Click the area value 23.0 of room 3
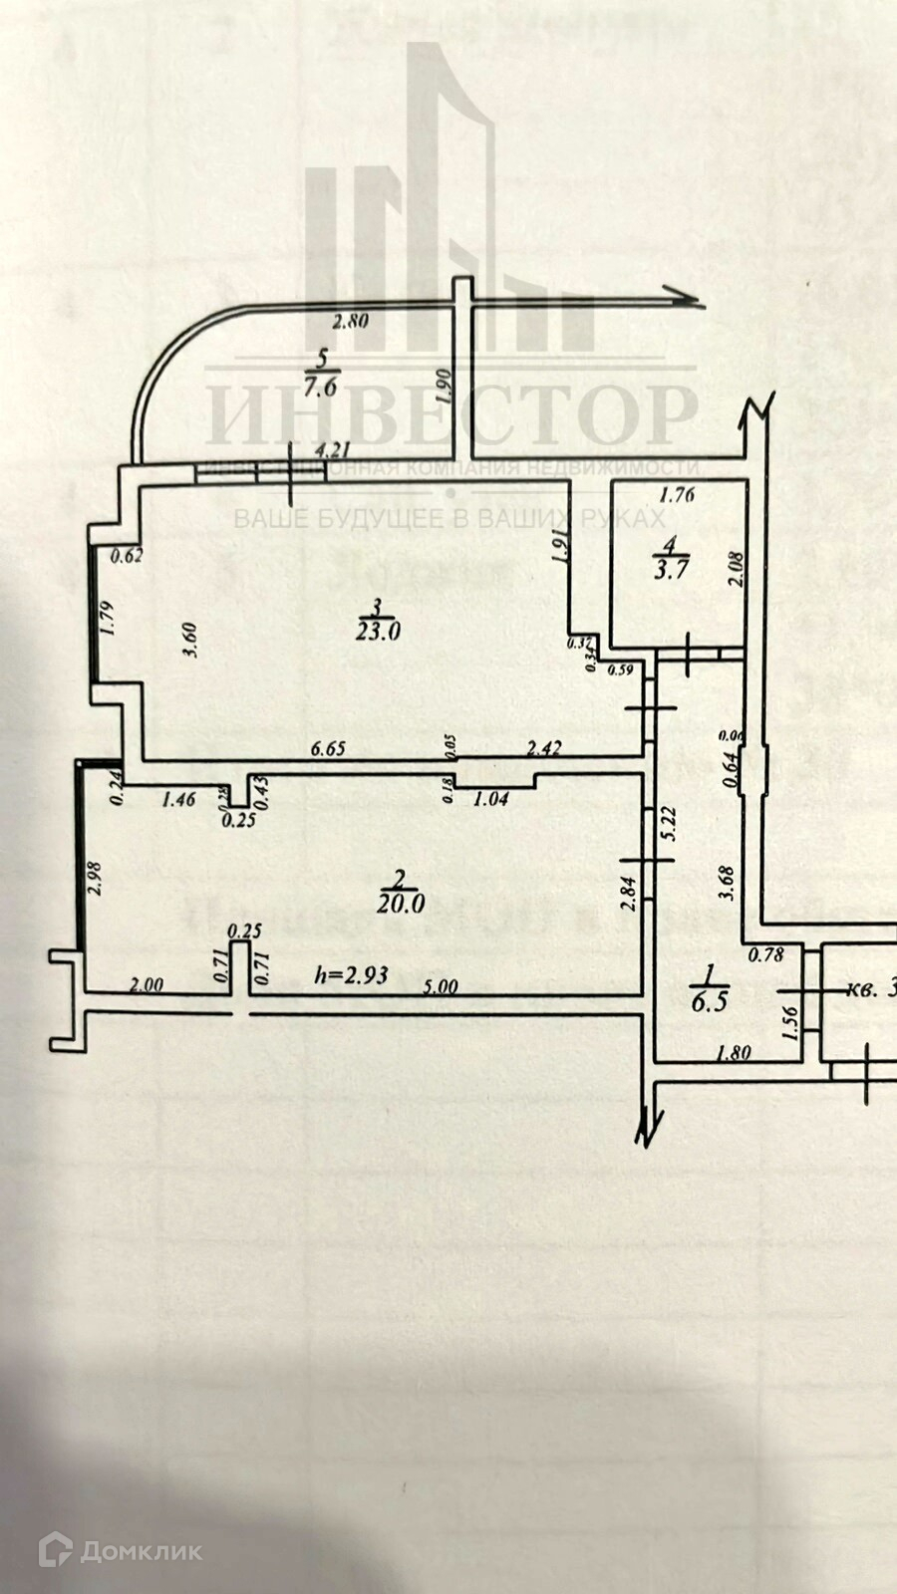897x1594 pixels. (x=378, y=630)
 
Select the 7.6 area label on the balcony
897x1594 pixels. (x=321, y=388)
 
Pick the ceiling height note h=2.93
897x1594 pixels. (x=351, y=975)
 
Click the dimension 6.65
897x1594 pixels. (x=327, y=747)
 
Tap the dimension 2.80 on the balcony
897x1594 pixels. (x=350, y=321)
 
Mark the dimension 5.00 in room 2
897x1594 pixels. (x=441, y=986)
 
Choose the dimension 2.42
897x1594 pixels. (x=543, y=747)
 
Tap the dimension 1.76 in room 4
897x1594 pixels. (x=677, y=492)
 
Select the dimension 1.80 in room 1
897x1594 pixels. (x=734, y=1051)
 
